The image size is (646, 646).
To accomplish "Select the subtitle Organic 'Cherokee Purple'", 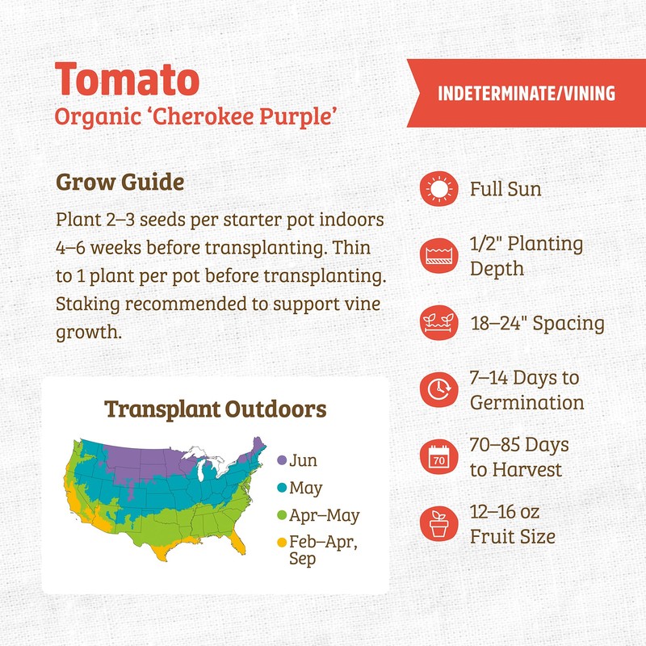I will pos(195,116).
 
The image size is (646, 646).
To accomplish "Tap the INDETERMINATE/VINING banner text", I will pos(526,94).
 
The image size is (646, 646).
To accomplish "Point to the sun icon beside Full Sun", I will pos(438,190).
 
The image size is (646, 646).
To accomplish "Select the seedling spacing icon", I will pos(438,323).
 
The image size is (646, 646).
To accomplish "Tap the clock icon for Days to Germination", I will pos(438,390).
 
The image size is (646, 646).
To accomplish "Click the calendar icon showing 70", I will pos(438,458).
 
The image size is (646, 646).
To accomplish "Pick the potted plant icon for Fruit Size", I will pos(438,525).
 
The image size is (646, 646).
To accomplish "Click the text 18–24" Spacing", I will pos(537,324).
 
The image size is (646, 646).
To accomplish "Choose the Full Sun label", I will pos(505,190).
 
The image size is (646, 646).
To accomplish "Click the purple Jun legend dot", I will pos(282,460).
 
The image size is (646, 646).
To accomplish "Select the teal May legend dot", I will pos(282,488).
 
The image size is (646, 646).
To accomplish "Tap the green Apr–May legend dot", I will pos(282,515).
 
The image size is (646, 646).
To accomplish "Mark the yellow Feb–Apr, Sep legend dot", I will pos(282,543).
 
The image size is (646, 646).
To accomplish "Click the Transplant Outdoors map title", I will pos(216,409).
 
